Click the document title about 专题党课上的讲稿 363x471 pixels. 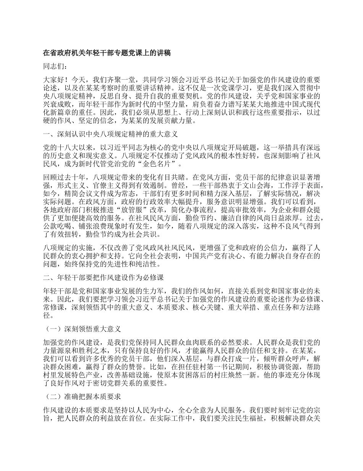pos(106,54)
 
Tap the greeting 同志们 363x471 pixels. pos(55,67)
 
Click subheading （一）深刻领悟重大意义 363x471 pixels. pos(82,329)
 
